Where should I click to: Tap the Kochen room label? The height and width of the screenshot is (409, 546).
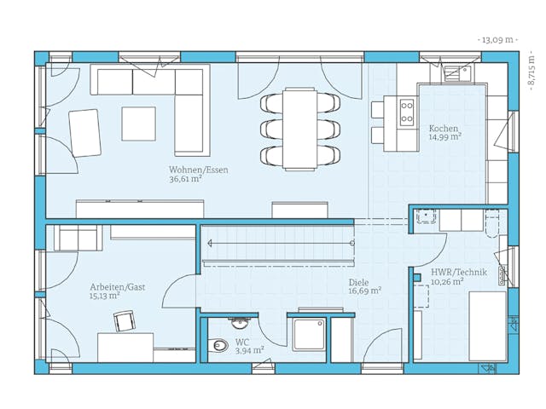(x=443, y=127)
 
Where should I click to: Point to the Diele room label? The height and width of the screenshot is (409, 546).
(x=358, y=281)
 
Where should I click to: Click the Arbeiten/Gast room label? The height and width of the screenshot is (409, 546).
(x=117, y=287)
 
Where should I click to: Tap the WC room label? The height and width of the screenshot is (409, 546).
(x=241, y=341)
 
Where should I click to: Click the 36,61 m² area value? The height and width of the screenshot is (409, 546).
(x=185, y=180)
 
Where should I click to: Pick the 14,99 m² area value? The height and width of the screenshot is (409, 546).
(x=444, y=136)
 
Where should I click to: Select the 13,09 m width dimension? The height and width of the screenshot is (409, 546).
(x=499, y=40)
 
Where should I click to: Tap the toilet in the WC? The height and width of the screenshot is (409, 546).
(x=219, y=346)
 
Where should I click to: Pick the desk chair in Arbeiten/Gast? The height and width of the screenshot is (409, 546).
(x=125, y=320)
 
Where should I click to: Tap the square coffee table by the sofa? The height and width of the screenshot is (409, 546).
(x=138, y=123)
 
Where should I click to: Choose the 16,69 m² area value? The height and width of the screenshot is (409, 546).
(x=364, y=291)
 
